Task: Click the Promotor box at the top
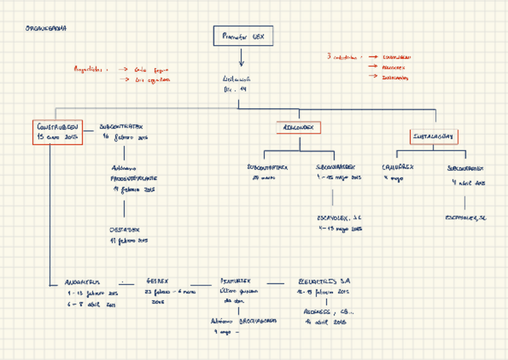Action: pos(243,37)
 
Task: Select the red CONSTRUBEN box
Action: pos(58,132)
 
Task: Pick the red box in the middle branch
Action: pos(299,128)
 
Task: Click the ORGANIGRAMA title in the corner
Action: pos(46,28)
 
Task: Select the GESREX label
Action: pos(157,280)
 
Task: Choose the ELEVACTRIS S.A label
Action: pos(324,280)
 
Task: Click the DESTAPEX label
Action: pos(125,229)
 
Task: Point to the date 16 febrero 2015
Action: pos(125,137)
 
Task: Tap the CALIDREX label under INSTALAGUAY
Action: pos(398,168)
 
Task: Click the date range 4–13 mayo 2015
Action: pos(340,228)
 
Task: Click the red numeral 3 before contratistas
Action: pos(329,57)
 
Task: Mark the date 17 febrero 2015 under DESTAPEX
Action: pos(128,241)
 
